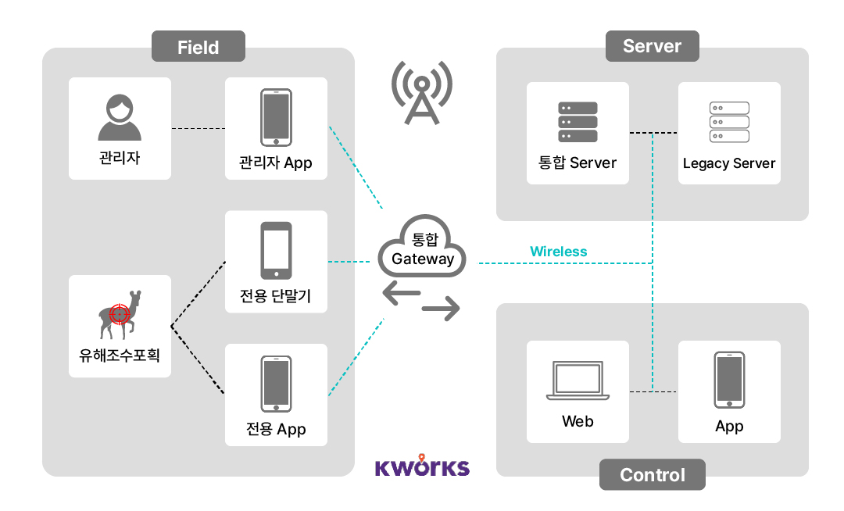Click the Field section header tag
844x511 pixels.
point(198,47)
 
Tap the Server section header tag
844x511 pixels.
point(652,46)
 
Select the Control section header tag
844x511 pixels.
point(652,474)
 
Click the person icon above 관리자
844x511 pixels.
point(120,117)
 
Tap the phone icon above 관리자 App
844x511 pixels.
point(276,117)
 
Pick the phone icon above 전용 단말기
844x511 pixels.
point(276,250)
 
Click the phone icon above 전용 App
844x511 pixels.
point(276,384)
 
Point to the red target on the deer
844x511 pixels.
point(120,314)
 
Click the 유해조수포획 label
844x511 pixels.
point(120,354)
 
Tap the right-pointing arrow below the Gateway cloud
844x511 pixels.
point(441,310)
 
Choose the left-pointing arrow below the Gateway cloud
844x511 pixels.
point(402,294)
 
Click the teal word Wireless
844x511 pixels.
point(558,252)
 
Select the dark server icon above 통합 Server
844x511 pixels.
point(578,122)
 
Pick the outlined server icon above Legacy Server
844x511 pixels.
point(728,122)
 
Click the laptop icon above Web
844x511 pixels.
point(578,381)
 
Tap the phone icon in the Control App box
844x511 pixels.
point(728,380)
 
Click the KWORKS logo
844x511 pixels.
point(422,466)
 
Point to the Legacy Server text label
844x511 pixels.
point(728,163)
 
